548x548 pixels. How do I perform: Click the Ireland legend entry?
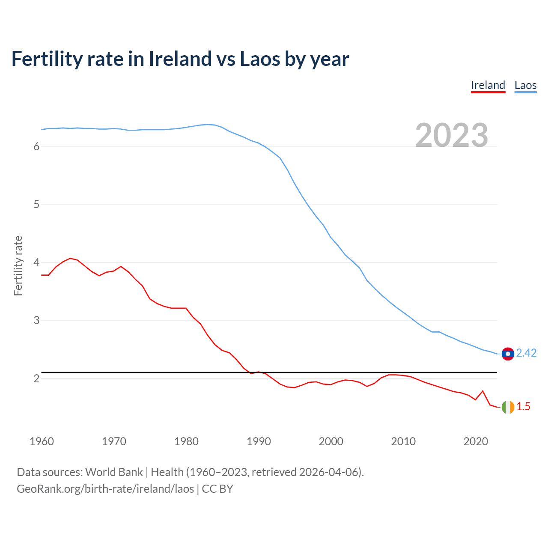coord(488,85)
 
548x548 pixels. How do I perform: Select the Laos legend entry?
coord(525,85)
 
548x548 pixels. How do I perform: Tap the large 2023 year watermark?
coord(452,135)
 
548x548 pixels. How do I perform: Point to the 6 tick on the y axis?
coord(36,147)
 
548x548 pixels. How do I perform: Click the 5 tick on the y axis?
coord(36,205)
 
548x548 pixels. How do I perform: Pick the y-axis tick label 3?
coord(36,320)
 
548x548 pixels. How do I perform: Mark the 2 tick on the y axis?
coord(36,378)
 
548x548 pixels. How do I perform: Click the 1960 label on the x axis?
coord(42,441)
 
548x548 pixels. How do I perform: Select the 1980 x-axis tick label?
coord(186,441)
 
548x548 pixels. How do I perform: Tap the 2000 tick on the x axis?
coord(331,441)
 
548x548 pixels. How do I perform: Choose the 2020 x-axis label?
coord(476,441)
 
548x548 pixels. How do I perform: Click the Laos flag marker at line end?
coord(508,354)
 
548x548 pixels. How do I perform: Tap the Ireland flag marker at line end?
coord(508,407)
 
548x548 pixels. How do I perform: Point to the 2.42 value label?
coord(526,353)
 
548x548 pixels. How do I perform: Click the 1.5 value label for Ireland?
coord(523,407)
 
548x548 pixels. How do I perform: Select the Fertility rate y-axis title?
coord(18,265)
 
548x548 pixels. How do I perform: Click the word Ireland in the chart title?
coord(180,59)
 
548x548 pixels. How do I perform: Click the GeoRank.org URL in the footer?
coord(105,489)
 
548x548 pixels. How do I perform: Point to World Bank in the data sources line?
coord(114,472)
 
